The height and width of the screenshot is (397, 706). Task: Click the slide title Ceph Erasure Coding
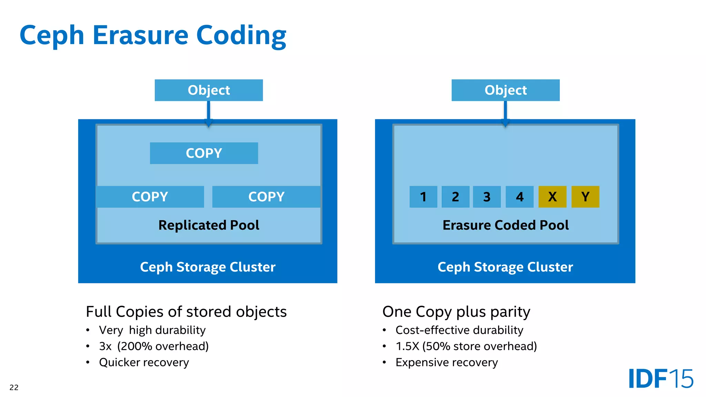[153, 35]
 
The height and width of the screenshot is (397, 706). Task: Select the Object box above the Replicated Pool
[209, 90]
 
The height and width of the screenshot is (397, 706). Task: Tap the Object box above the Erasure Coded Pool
[505, 90]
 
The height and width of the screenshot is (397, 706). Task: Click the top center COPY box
[204, 153]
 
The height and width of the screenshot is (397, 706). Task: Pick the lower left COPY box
[150, 197]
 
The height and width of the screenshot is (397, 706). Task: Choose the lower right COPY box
[266, 197]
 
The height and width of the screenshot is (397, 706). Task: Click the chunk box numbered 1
[423, 197]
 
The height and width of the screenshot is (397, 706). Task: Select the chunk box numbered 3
[487, 197]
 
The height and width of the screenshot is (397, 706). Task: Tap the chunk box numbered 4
[520, 197]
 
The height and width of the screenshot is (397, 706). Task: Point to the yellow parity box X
[552, 197]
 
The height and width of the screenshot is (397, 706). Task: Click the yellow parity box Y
[585, 197]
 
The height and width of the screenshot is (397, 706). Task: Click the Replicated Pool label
[209, 225]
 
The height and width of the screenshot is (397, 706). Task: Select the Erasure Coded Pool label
[505, 225]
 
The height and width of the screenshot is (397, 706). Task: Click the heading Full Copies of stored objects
[186, 312]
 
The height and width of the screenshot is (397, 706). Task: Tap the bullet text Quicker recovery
[144, 362]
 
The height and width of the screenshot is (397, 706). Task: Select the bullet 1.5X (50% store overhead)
[466, 346]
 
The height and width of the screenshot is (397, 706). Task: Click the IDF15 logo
[660, 379]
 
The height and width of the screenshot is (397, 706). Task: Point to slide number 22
[14, 387]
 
